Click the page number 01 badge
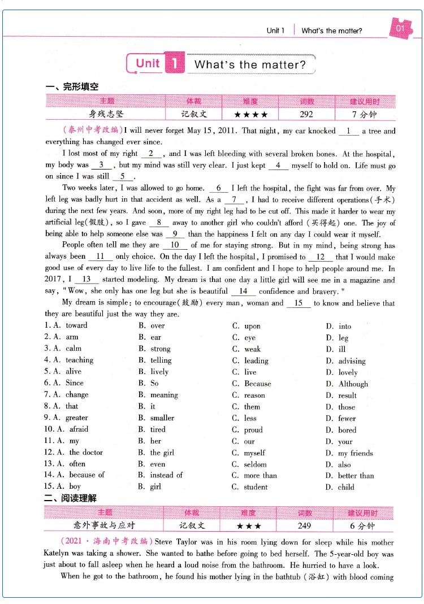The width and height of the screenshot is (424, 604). coord(400,29)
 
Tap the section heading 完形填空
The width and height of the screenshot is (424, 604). coord(72,86)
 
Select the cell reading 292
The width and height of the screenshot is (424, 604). coord(306,114)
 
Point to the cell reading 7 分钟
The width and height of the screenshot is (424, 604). coord(364,114)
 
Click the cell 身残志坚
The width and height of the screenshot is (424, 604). coord(106,114)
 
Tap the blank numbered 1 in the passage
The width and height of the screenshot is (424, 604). coord(349,131)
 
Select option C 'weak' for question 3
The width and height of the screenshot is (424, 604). coord(252,349)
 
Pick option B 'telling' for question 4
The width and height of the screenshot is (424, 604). coord(161,360)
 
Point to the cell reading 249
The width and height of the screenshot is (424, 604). coord(304,525)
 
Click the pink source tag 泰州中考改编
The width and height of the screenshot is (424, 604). coord(93,131)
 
